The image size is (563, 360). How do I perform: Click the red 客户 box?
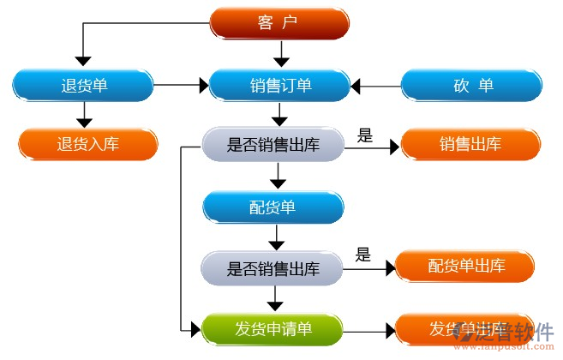pyautogui.click(x=280, y=23)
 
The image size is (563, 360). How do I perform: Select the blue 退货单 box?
pyautogui.click(x=83, y=85)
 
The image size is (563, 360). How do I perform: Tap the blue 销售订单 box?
pyautogui.click(x=280, y=85)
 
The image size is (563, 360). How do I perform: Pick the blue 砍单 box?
pyautogui.click(x=472, y=85)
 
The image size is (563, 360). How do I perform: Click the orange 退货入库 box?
pyautogui.click(x=88, y=143)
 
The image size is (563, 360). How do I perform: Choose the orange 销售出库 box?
pyautogui.click(x=470, y=144)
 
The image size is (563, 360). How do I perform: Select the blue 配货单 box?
pyautogui.click(x=273, y=207)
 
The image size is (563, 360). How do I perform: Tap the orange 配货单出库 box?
pyautogui.click(x=466, y=267)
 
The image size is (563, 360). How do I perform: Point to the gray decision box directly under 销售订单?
pyautogui.click(x=273, y=145)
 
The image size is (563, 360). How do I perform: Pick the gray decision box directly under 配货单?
pyautogui.click(x=273, y=268)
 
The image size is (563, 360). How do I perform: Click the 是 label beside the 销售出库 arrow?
pyautogui.click(x=364, y=135)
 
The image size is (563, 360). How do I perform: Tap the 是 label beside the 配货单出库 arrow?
pyautogui.click(x=362, y=254)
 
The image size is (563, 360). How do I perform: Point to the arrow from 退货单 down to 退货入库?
pyautogui.click(x=83, y=113)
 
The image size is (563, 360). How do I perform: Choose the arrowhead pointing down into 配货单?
pyautogui.click(x=277, y=183)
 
